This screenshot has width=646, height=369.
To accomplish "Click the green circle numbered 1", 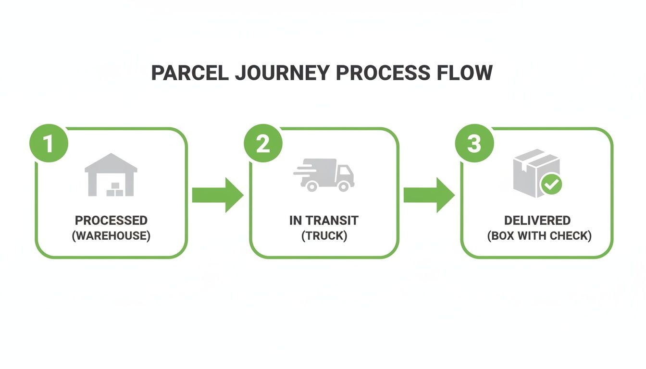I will tap(49, 144).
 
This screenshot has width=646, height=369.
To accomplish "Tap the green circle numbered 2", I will tap(262, 144).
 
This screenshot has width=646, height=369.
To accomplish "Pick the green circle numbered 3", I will tap(474, 144).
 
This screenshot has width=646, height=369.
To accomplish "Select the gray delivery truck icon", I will tap(324, 177).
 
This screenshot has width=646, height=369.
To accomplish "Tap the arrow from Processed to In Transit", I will tap(218, 195).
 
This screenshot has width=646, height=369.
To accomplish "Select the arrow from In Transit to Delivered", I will tap(429, 195).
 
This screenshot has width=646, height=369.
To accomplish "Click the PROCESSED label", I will tap(111, 221).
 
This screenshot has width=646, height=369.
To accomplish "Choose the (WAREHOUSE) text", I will tap(111, 236).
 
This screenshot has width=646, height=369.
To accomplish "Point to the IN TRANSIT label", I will tap(324, 221).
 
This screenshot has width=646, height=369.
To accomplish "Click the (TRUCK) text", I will tap(324, 236).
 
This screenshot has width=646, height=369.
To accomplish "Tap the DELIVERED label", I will tap(537, 221).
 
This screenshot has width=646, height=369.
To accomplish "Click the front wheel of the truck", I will tap(344, 186).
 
